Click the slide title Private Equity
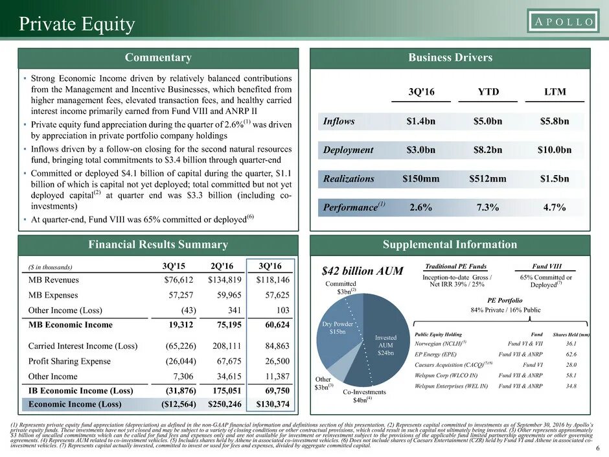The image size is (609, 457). (x=76, y=25)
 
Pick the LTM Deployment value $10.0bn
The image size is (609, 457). (x=554, y=150)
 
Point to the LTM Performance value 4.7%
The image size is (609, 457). (x=553, y=207)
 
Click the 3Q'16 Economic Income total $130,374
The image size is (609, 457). (x=272, y=404)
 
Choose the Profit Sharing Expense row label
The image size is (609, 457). (x=73, y=362)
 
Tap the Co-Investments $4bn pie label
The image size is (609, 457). (x=365, y=395)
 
